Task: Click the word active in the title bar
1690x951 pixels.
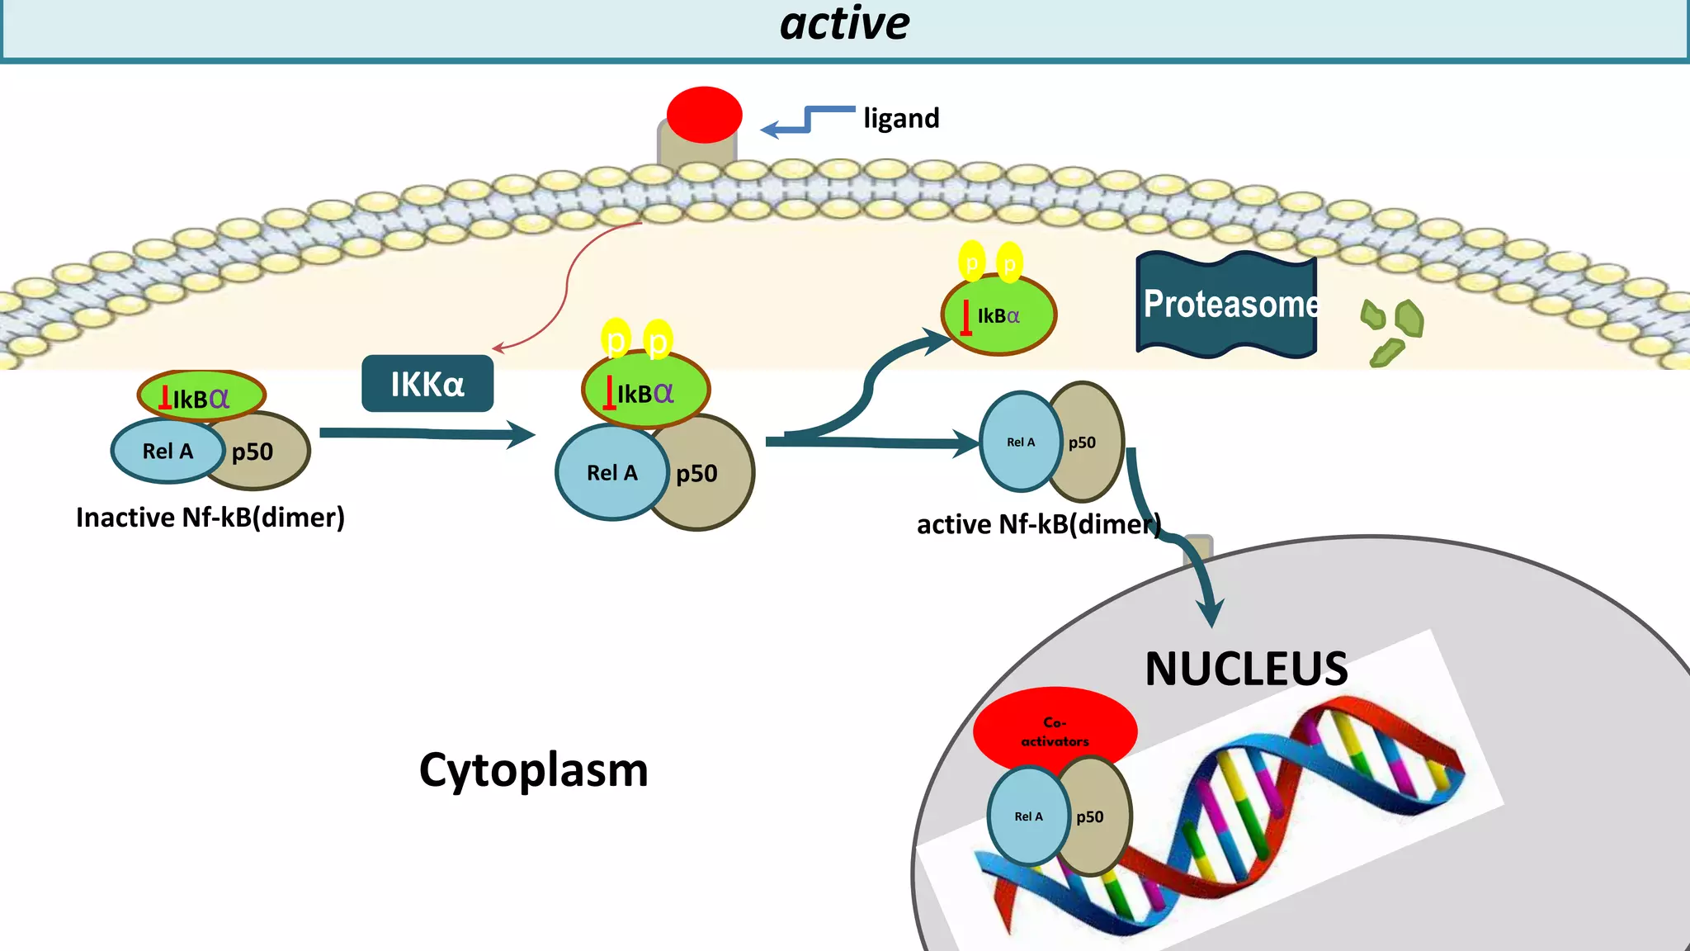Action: click(844, 23)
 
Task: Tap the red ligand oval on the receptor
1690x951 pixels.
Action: click(704, 114)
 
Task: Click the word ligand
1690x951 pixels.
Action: click(901, 118)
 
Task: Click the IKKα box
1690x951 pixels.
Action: click(427, 384)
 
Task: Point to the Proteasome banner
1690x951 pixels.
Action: click(1227, 305)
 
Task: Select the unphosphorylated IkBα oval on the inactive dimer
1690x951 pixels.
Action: click(201, 397)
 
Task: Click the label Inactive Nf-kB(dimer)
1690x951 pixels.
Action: click(210, 518)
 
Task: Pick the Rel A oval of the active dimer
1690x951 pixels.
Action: click(1019, 442)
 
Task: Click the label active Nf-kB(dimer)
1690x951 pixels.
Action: click(1038, 525)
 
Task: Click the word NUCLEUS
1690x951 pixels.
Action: click(1246, 669)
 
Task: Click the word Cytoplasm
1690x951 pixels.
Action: click(533, 770)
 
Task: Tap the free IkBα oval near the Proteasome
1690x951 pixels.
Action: click(998, 315)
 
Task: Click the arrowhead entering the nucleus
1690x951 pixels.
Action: click(1211, 614)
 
